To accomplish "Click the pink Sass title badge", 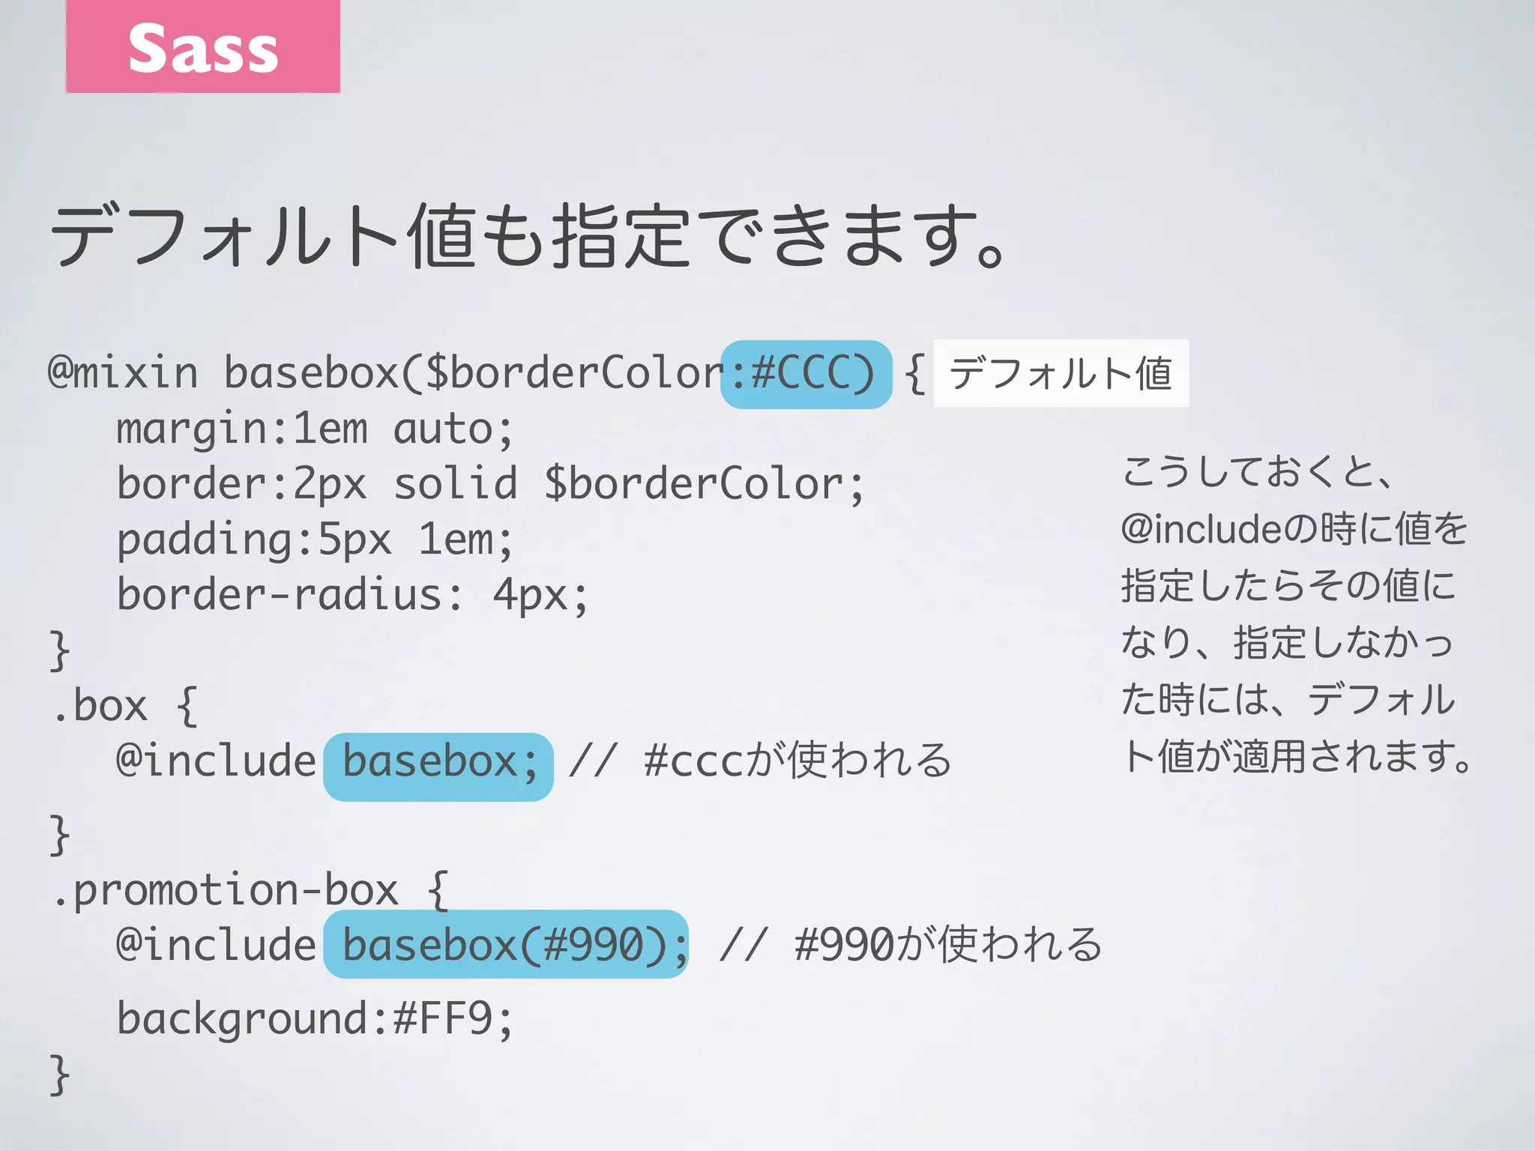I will [x=202, y=46].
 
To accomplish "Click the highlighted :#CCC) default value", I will [x=806, y=374].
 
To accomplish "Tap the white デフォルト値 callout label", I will [x=1061, y=373].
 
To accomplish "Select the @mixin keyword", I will [x=123, y=372].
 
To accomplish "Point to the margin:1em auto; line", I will [x=315, y=429].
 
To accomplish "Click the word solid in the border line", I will [x=456, y=483].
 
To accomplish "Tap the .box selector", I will [x=100, y=706].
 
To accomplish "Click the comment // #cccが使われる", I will [x=759, y=761].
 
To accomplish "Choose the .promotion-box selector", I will [x=225, y=890].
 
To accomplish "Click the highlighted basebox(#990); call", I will [x=506, y=944].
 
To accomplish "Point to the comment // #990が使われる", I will [x=910, y=944].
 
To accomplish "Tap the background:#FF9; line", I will [x=315, y=1018].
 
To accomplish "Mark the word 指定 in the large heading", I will [x=621, y=237].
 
